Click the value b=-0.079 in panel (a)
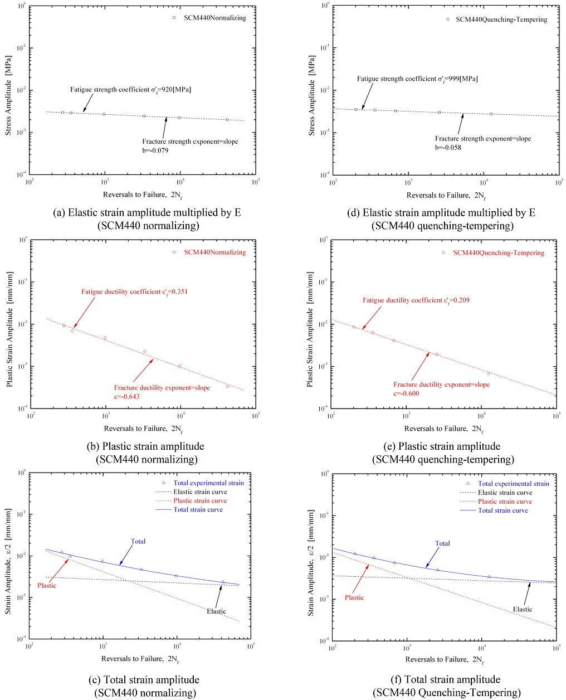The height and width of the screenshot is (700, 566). (155, 150)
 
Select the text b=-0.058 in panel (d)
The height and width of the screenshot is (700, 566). (448, 148)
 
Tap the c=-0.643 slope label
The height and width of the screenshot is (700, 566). (127, 397)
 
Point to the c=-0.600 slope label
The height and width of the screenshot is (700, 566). (407, 393)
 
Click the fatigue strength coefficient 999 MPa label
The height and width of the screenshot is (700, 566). (417, 79)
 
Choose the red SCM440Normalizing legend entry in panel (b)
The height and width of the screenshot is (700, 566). (214, 252)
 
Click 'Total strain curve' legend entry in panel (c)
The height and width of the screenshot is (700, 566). (198, 510)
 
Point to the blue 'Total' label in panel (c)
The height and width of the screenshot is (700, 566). (138, 541)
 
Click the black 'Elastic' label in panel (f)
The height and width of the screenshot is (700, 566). (523, 609)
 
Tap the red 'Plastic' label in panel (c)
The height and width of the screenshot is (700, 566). (47, 586)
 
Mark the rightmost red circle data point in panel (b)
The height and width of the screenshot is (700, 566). (227, 386)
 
